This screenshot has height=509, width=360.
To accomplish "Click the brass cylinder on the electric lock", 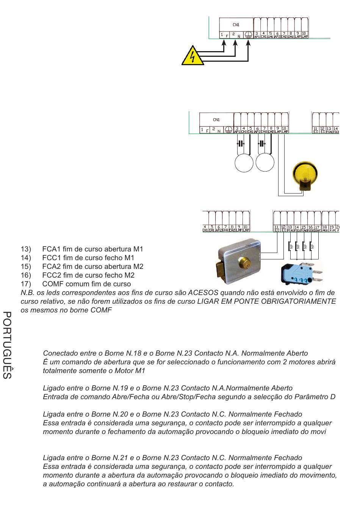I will (242, 261).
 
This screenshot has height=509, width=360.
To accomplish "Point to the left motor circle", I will (244, 163).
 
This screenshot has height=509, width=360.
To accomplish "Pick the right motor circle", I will (265, 163).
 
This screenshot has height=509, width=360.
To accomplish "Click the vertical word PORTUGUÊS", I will (7, 345).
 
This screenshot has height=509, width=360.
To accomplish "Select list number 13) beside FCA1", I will (26, 249).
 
